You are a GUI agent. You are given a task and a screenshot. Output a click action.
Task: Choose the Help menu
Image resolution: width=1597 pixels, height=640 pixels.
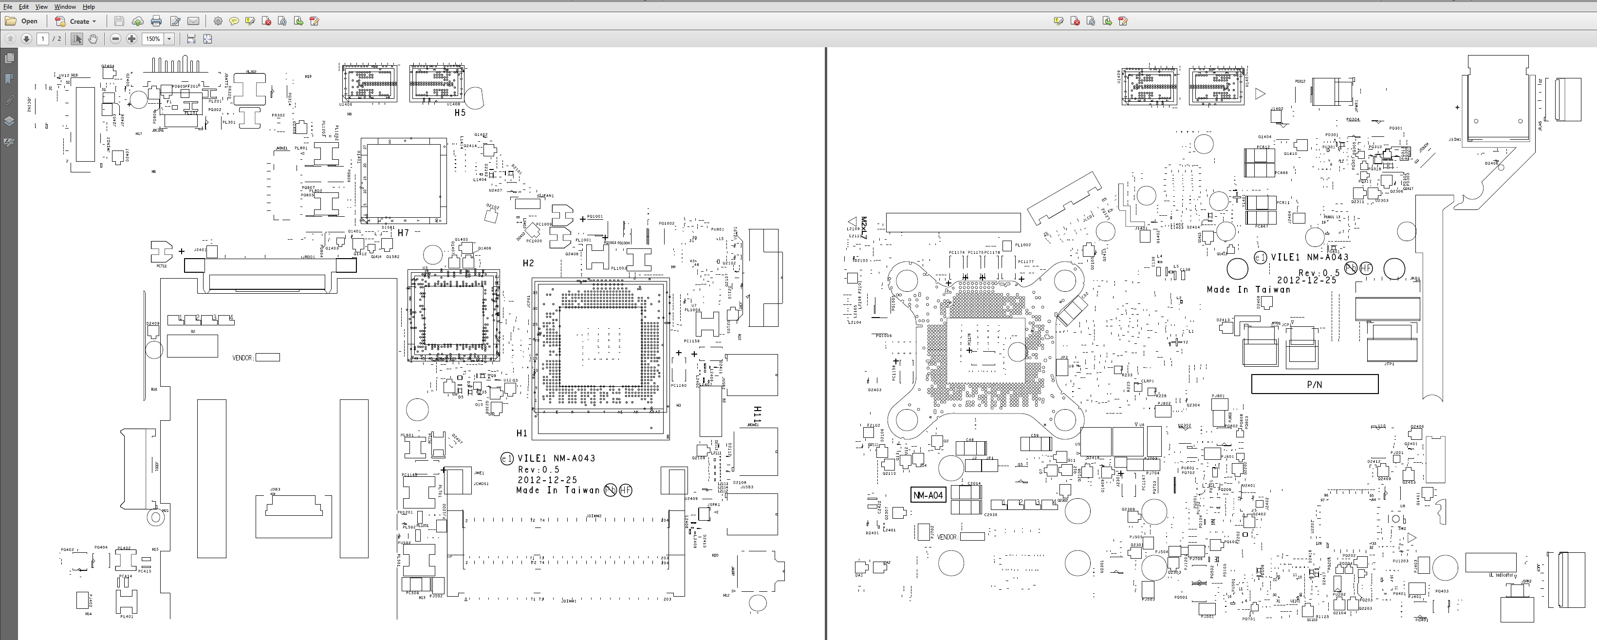[89, 7]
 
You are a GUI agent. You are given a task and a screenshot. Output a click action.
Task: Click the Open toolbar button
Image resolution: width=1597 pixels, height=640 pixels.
[22, 21]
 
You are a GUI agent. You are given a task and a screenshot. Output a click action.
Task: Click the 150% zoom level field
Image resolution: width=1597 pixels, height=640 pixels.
[152, 39]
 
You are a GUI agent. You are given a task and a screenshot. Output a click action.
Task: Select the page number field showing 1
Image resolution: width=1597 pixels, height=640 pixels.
[43, 39]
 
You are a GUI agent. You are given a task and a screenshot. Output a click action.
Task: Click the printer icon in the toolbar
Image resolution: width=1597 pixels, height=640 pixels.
[156, 21]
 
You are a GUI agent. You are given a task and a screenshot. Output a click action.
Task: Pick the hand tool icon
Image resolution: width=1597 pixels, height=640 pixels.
[93, 39]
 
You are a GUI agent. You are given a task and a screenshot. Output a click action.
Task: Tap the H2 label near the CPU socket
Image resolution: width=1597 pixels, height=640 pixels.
[528, 264]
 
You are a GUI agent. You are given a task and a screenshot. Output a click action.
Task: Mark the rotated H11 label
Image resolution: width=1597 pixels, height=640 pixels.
[757, 414]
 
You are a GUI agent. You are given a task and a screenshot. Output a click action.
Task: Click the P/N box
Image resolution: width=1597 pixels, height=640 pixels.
[1314, 384]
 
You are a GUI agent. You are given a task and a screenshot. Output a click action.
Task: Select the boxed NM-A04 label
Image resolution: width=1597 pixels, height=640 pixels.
[928, 495]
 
